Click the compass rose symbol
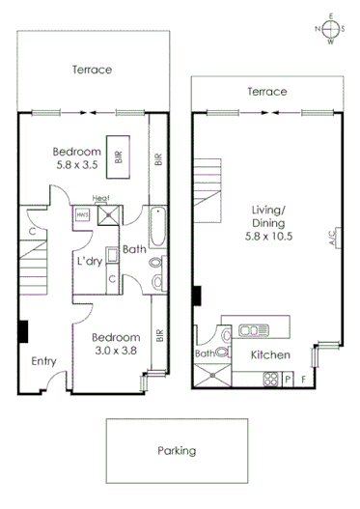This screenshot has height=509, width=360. click(330, 28)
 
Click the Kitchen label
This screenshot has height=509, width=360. click(270, 355)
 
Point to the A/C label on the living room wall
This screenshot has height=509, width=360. click(331, 236)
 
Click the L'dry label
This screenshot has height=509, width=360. click(90, 262)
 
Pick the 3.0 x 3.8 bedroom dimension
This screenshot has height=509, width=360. click(116, 353)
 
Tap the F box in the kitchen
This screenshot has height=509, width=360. click(305, 378)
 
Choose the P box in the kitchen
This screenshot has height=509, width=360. click(289, 378)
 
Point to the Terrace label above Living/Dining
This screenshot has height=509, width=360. click(266, 92)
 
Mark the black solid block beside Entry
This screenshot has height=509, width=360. click(23, 330)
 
